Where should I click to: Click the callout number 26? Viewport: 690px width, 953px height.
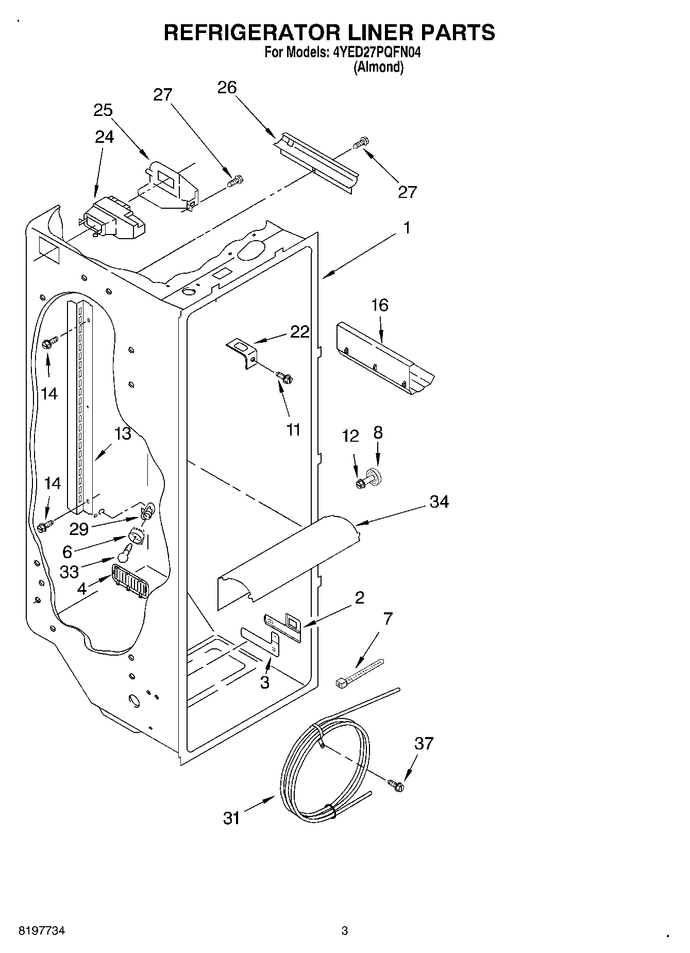tap(227, 88)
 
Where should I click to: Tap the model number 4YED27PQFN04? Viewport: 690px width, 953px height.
tap(374, 52)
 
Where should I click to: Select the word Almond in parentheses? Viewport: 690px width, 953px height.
tap(378, 67)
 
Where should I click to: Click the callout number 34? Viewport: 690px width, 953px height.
tap(439, 501)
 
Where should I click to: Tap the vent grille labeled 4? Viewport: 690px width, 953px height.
tap(130, 580)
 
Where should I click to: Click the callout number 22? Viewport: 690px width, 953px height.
tap(299, 332)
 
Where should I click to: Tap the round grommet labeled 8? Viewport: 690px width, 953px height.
tap(377, 476)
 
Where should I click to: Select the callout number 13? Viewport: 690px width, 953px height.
tap(122, 433)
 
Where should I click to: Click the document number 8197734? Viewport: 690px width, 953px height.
tap(41, 931)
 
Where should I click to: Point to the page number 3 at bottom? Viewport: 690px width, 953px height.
tap(344, 931)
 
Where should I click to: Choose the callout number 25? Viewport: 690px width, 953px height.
tap(103, 110)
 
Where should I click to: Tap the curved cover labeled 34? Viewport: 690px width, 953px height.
tap(286, 557)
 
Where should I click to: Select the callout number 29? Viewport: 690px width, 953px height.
tap(80, 529)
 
